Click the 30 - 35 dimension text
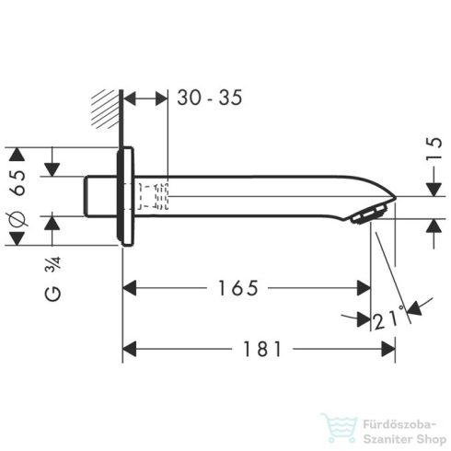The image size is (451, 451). tap(210, 98)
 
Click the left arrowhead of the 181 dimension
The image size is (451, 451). tap(130, 351)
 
